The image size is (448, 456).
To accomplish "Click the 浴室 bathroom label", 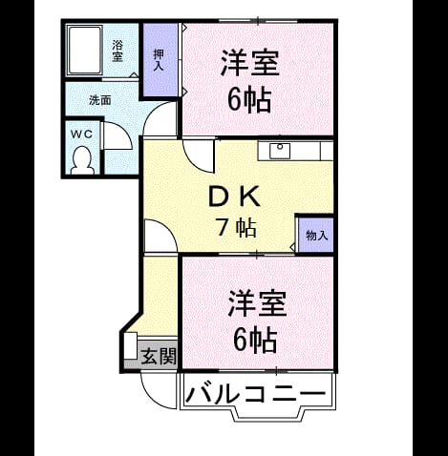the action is pyautogui.click(x=117, y=51).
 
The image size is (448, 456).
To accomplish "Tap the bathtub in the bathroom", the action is pyautogui.click(x=84, y=51).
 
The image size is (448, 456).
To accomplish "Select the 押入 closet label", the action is pyautogui.click(x=159, y=59).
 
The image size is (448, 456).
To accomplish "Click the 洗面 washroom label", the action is pyautogui.click(x=100, y=100).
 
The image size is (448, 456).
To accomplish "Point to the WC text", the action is pyautogui.click(x=81, y=135).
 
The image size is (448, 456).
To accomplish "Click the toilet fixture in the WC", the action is pyautogui.click(x=82, y=160).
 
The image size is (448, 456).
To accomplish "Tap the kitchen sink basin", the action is pyautogui.click(x=280, y=151).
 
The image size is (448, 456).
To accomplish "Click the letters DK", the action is pyautogui.click(x=234, y=197).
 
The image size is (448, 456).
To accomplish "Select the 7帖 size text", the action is pyautogui.click(x=236, y=228).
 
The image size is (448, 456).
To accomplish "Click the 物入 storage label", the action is pyautogui.click(x=316, y=236).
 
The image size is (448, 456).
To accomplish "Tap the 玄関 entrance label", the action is pyautogui.click(x=159, y=356).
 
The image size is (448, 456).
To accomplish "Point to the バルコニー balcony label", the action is pyautogui.click(x=256, y=393).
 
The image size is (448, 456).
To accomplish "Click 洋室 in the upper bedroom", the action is pyautogui.click(x=250, y=63).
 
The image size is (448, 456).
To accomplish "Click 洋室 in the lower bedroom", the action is pyautogui.click(x=257, y=303).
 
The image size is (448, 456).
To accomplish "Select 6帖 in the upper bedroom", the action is pyautogui.click(x=249, y=100).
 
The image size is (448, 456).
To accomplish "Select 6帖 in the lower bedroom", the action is pyautogui.click(x=255, y=340).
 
